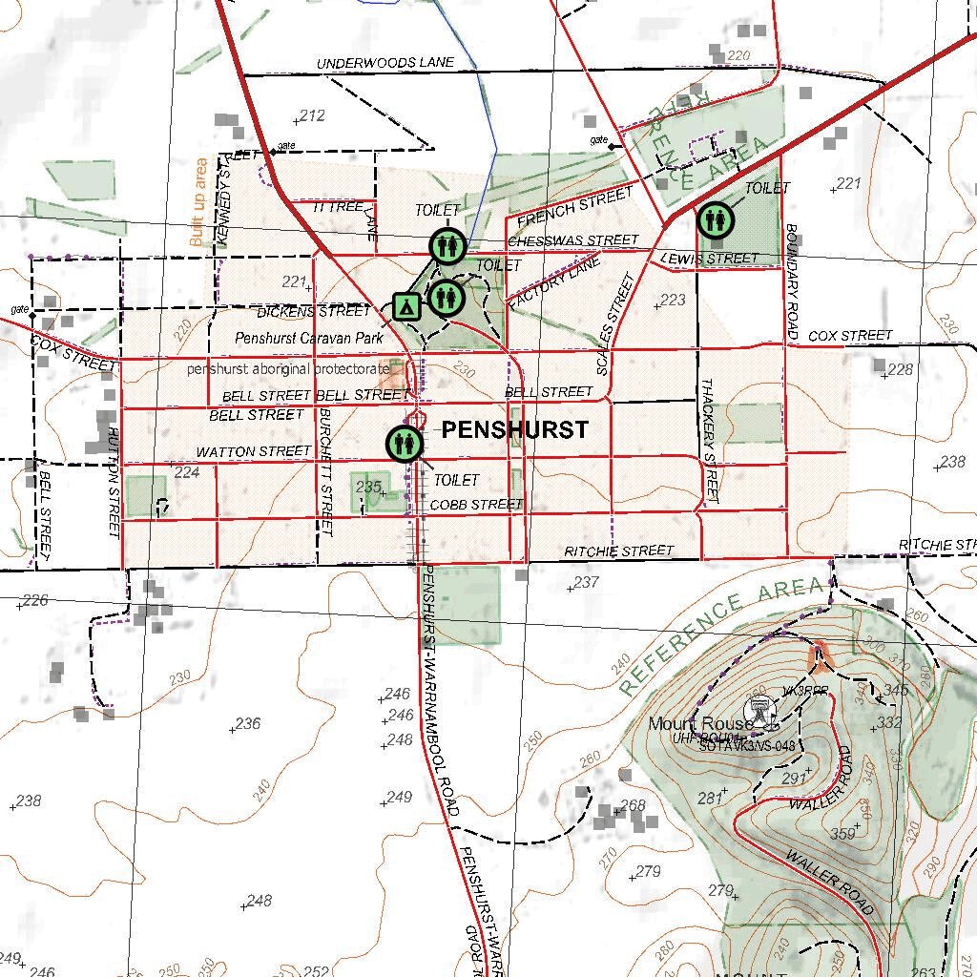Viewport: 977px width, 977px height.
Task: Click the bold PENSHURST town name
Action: click(515, 430)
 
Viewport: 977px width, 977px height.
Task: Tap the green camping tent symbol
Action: click(406, 307)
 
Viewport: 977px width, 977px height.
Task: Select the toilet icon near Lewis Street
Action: click(715, 220)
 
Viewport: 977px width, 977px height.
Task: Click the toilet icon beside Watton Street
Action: click(405, 444)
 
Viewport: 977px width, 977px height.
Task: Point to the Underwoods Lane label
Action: click(385, 63)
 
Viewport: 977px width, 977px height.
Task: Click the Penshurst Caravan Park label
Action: click(309, 338)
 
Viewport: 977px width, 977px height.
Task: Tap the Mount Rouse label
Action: click(687, 724)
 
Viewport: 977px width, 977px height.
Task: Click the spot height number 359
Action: click(842, 834)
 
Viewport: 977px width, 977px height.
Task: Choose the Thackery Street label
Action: click(709, 440)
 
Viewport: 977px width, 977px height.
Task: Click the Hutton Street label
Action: click(114, 482)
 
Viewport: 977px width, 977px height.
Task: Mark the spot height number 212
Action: click(312, 116)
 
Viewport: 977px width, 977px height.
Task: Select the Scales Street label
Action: click(615, 323)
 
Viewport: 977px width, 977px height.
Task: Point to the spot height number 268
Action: click(633, 806)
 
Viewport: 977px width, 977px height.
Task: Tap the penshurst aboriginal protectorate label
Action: click(288, 368)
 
